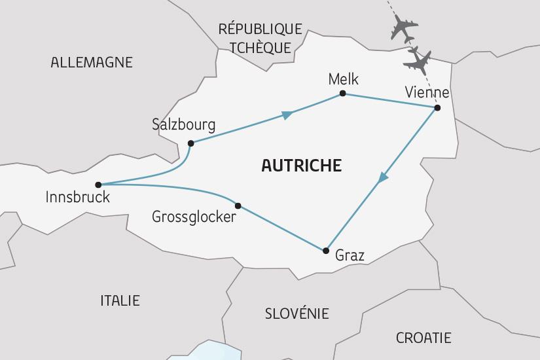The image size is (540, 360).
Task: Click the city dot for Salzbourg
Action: (190, 143)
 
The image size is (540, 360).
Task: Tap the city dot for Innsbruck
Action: (98, 185)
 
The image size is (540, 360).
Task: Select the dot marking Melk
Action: (342, 94)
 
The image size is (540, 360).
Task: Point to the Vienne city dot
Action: (437, 107)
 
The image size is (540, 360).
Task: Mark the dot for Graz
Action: (325, 250)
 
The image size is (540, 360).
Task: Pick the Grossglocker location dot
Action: (238, 206)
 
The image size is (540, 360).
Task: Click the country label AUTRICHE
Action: (301, 166)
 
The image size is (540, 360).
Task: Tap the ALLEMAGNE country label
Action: (92, 63)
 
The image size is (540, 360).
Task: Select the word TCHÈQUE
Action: (260, 48)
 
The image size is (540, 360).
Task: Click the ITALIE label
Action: (120, 300)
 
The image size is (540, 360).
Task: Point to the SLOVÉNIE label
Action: (297, 314)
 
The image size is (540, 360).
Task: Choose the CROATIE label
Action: (423, 338)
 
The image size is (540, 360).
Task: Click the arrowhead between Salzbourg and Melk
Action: (286, 115)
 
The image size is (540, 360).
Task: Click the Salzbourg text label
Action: (183, 124)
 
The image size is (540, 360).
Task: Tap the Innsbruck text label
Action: (78, 197)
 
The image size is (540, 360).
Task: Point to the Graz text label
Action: (350, 255)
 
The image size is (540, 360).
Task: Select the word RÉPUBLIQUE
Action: (260, 29)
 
